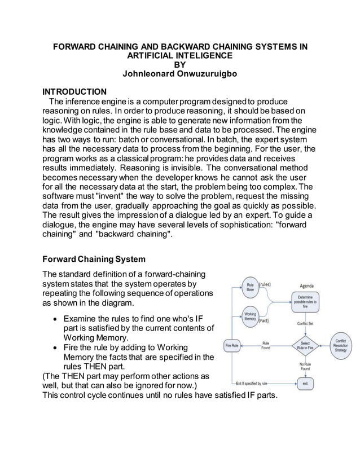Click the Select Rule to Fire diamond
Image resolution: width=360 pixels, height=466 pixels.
tap(305, 345)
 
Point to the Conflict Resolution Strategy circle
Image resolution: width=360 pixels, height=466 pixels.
tap(341, 345)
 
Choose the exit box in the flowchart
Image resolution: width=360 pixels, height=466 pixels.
tap(305, 383)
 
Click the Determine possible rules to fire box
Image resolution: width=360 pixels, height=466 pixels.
tap(305, 301)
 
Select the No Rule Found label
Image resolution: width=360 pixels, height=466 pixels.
tap(305, 366)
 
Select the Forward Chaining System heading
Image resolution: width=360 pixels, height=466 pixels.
tap(94, 259)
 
